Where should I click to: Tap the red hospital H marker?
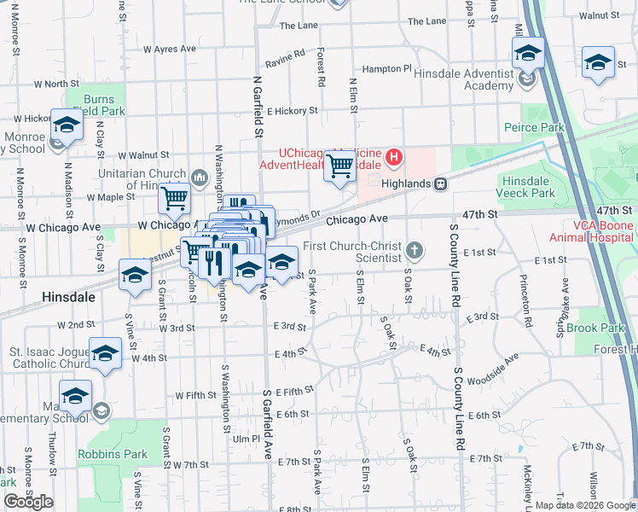click(x=394, y=157)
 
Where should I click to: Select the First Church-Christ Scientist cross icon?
click(x=415, y=250)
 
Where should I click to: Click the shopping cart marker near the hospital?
click(x=340, y=166)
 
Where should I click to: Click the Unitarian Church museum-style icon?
click(x=200, y=177)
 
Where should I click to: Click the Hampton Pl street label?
click(x=386, y=68)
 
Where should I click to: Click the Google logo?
click(x=28, y=502)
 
